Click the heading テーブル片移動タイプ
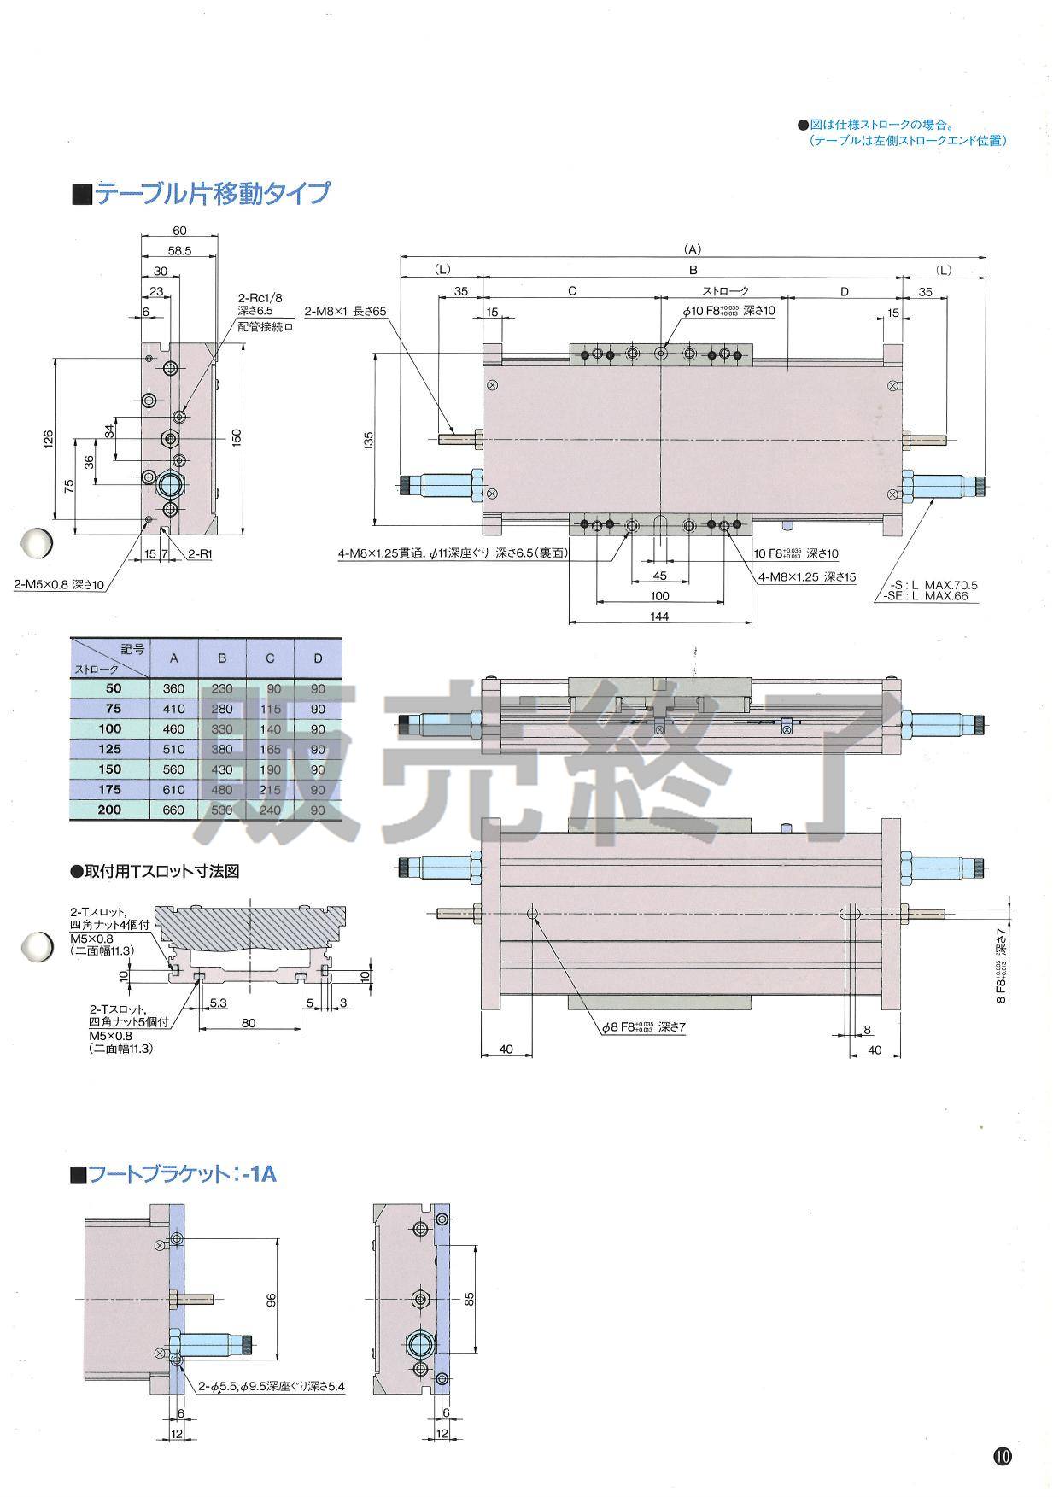[210, 194]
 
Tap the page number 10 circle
[1002, 1456]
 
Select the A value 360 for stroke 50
[173, 688]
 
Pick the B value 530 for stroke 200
[222, 810]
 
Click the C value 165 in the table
[270, 749]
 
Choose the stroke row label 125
[110, 749]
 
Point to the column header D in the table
[318, 658]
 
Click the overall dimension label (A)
[693, 249]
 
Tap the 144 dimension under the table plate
[659, 616]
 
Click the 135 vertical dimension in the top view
[369, 441]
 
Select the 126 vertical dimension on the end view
[49, 438]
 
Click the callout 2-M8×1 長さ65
[346, 311]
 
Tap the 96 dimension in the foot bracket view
[272, 1300]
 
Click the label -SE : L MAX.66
[927, 596]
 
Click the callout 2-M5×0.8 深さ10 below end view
[59, 585]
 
